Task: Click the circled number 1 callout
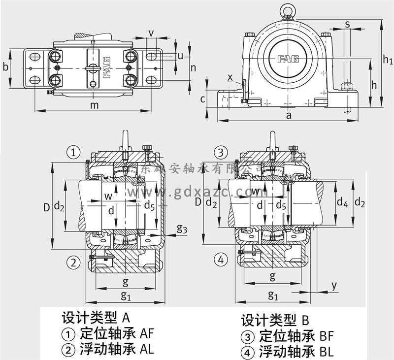pos(73,153)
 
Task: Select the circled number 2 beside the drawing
pos(73,262)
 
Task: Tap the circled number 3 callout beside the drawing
pos(221,152)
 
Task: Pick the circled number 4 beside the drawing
pos(221,260)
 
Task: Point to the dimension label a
pos(289,115)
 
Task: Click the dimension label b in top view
pos(5,66)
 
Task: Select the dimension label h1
pos(388,60)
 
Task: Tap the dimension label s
pos(347,24)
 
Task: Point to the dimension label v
pos(151,33)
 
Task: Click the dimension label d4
pos(342,201)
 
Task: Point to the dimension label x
pos(230,77)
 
